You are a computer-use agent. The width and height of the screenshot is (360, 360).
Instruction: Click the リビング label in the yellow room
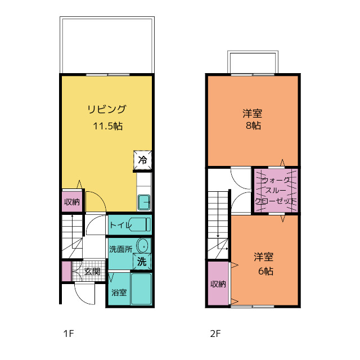(x=107, y=109)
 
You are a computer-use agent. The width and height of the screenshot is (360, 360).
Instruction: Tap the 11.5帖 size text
(x=107, y=126)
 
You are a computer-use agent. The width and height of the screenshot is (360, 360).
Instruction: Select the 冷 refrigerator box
(x=142, y=160)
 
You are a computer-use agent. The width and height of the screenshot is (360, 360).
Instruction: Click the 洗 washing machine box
(x=142, y=261)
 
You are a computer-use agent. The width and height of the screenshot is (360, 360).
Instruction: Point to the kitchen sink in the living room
(x=144, y=202)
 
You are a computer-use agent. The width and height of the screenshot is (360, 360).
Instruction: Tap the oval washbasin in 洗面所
(x=142, y=246)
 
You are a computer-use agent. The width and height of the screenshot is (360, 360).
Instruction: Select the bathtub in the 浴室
(x=141, y=289)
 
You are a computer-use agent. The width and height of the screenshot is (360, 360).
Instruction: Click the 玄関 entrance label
(x=92, y=271)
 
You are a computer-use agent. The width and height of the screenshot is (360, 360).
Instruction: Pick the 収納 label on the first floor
(x=72, y=202)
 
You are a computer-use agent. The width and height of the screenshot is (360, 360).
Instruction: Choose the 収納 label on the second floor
(x=218, y=284)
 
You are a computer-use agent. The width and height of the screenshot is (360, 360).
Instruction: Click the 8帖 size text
(x=254, y=125)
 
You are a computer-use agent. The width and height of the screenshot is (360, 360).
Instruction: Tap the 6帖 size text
(x=266, y=271)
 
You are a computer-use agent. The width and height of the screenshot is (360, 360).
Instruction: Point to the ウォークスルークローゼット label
(x=276, y=191)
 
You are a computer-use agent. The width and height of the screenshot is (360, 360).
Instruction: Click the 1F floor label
(x=69, y=334)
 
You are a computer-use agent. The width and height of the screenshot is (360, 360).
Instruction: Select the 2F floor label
(x=215, y=334)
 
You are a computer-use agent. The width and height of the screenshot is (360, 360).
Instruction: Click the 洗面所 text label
(x=121, y=249)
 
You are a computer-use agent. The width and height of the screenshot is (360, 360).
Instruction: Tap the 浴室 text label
(x=119, y=292)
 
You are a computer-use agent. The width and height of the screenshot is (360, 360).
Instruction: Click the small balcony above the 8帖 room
(x=253, y=62)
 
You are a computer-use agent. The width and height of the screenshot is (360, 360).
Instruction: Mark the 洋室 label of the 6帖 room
(x=264, y=257)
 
